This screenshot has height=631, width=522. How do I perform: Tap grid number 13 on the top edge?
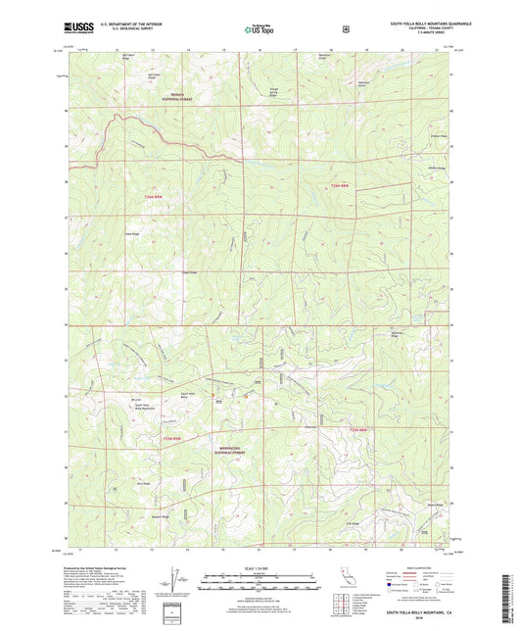pos(151,48)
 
